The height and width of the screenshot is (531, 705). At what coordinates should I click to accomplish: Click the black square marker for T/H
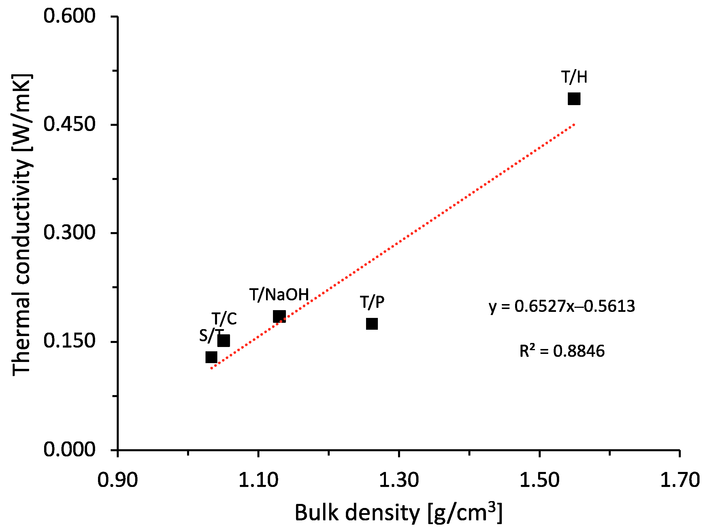(x=574, y=99)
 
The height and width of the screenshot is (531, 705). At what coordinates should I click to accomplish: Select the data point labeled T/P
(x=372, y=324)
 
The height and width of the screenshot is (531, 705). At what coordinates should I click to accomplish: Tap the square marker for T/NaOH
(x=279, y=316)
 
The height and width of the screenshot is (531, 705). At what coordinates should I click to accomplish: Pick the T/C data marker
(x=224, y=341)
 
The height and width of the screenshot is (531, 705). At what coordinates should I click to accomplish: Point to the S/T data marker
(x=211, y=357)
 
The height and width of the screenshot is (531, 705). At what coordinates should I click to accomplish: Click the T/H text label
(x=574, y=77)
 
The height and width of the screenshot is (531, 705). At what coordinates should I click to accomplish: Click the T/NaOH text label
(x=279, y=295)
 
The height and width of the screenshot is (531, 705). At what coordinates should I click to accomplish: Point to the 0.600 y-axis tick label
(x=69, y=16)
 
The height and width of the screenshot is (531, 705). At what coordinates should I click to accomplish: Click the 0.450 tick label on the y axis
(x=69, y=124)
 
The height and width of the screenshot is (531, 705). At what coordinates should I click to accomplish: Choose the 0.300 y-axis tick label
(x=69, y=233)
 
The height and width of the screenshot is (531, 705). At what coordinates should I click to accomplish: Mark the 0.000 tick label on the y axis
(x=69, y=450)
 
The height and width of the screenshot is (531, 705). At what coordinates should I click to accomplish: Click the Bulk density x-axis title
(x=398, y=513)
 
